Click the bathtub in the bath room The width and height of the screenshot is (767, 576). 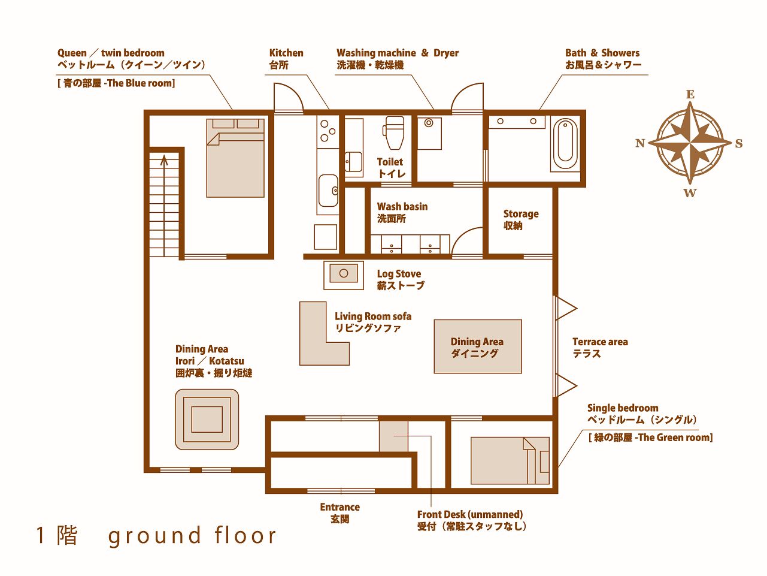pyautogui.click(x=565, y=144)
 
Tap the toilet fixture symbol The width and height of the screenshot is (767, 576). pyautogui.click(x=394, y=133)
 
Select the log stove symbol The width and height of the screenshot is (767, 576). pyautogui.click(x=344, y=275)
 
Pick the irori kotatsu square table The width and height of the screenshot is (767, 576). pyautogui.click(x=207, y=420)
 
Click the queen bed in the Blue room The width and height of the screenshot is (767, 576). pyautogui.click(x=235, y=158)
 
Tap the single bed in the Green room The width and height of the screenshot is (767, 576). pyautogui.click(x=510, y=460)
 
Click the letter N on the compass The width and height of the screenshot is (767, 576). pyautogui.click(x=640, y=143)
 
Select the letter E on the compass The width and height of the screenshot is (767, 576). pyautogui.click(x=690, y=95)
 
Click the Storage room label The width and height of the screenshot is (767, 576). pyautogui.click(x=521, y=219)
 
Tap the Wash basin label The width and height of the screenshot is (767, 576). pyautogui.click(x=402, y=212)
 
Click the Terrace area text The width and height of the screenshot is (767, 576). pyautogui.click(x=600, y=348)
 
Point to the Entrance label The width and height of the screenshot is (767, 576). pyautogui.click(x=339, y=513)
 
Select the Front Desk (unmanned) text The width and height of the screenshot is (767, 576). pyautogui.click(x=469, y=514)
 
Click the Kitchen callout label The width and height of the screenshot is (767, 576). pyautogui.click(x=286, y=59)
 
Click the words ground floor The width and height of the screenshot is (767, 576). pyautogui.click(x=192, y=535)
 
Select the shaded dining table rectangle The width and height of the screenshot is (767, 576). pyautogui.click(x=478, y=346)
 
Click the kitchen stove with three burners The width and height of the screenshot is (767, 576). pyautogui.click(x=328, y=131)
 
